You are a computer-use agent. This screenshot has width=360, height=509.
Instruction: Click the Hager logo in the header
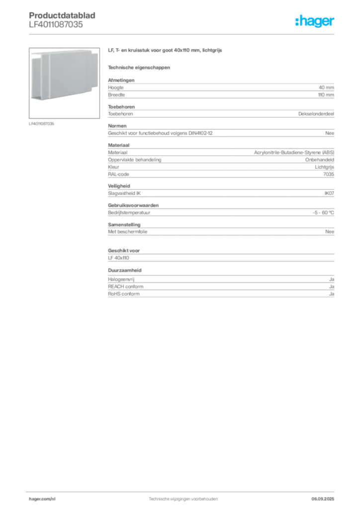tap(315, 21)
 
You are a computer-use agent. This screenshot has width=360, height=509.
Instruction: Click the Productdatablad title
tap(62, 15)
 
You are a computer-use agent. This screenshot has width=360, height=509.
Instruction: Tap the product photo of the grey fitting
tap(64, 83)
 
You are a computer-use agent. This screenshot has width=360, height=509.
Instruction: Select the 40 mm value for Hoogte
tap(326, 87)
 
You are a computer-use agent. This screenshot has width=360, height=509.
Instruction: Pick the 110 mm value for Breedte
tap(326, 95)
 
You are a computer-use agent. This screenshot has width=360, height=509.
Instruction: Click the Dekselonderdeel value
tap(316, 114)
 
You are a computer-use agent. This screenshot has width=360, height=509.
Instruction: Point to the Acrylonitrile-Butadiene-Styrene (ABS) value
tap(294, 153)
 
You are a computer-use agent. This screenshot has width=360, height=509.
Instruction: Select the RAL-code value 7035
tap(329, 174)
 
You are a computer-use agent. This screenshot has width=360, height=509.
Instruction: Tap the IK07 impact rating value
tap(329, 193)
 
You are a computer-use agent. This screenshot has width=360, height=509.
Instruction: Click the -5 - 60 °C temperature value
tap(323, 213)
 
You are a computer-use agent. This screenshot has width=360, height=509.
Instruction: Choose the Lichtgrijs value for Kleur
tap(324, 167)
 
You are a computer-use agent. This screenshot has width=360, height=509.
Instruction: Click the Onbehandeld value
tap(319, 160)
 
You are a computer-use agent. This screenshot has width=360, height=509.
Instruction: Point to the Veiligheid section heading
tap(119, 186)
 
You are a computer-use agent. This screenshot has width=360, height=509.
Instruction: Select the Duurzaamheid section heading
tap(125, 270)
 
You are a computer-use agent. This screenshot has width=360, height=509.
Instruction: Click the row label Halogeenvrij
tap(121, 279)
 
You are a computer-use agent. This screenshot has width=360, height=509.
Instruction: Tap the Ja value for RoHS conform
tap(332, 294)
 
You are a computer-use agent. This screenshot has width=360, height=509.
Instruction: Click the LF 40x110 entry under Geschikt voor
tap(118, 258)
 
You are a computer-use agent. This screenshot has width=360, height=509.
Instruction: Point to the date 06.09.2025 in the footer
tap(323, 499)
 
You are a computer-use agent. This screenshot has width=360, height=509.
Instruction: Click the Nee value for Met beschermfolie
tap(330, 232)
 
